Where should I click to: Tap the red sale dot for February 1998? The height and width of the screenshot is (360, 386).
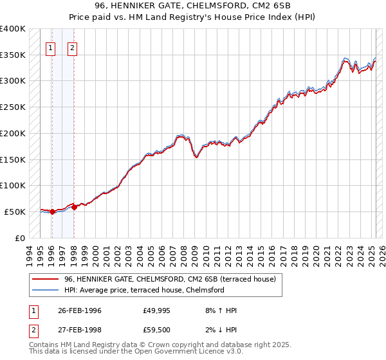74,206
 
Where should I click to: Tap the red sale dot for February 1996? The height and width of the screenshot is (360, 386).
52,212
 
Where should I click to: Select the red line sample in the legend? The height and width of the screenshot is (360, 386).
45,279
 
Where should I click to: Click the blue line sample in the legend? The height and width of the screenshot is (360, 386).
45,290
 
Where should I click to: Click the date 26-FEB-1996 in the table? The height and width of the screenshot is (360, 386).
80,310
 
